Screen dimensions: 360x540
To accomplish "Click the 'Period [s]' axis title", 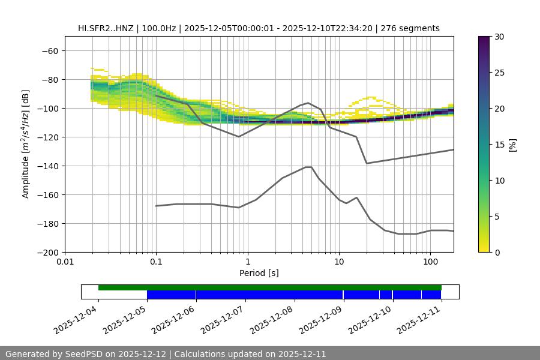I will coord(259,273).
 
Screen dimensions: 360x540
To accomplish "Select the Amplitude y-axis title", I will coord(26,144).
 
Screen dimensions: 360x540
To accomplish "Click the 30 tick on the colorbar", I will coord(499,37).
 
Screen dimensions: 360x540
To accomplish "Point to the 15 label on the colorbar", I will coord(499,145).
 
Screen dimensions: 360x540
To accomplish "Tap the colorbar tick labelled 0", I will coord(497,252).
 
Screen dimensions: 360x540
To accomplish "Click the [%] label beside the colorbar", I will coord(512,144).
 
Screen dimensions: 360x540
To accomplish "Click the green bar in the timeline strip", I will coord(270,287).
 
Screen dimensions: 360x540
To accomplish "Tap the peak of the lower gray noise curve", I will coord(308,167).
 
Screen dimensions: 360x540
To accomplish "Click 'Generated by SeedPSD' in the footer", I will coord(58,354).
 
